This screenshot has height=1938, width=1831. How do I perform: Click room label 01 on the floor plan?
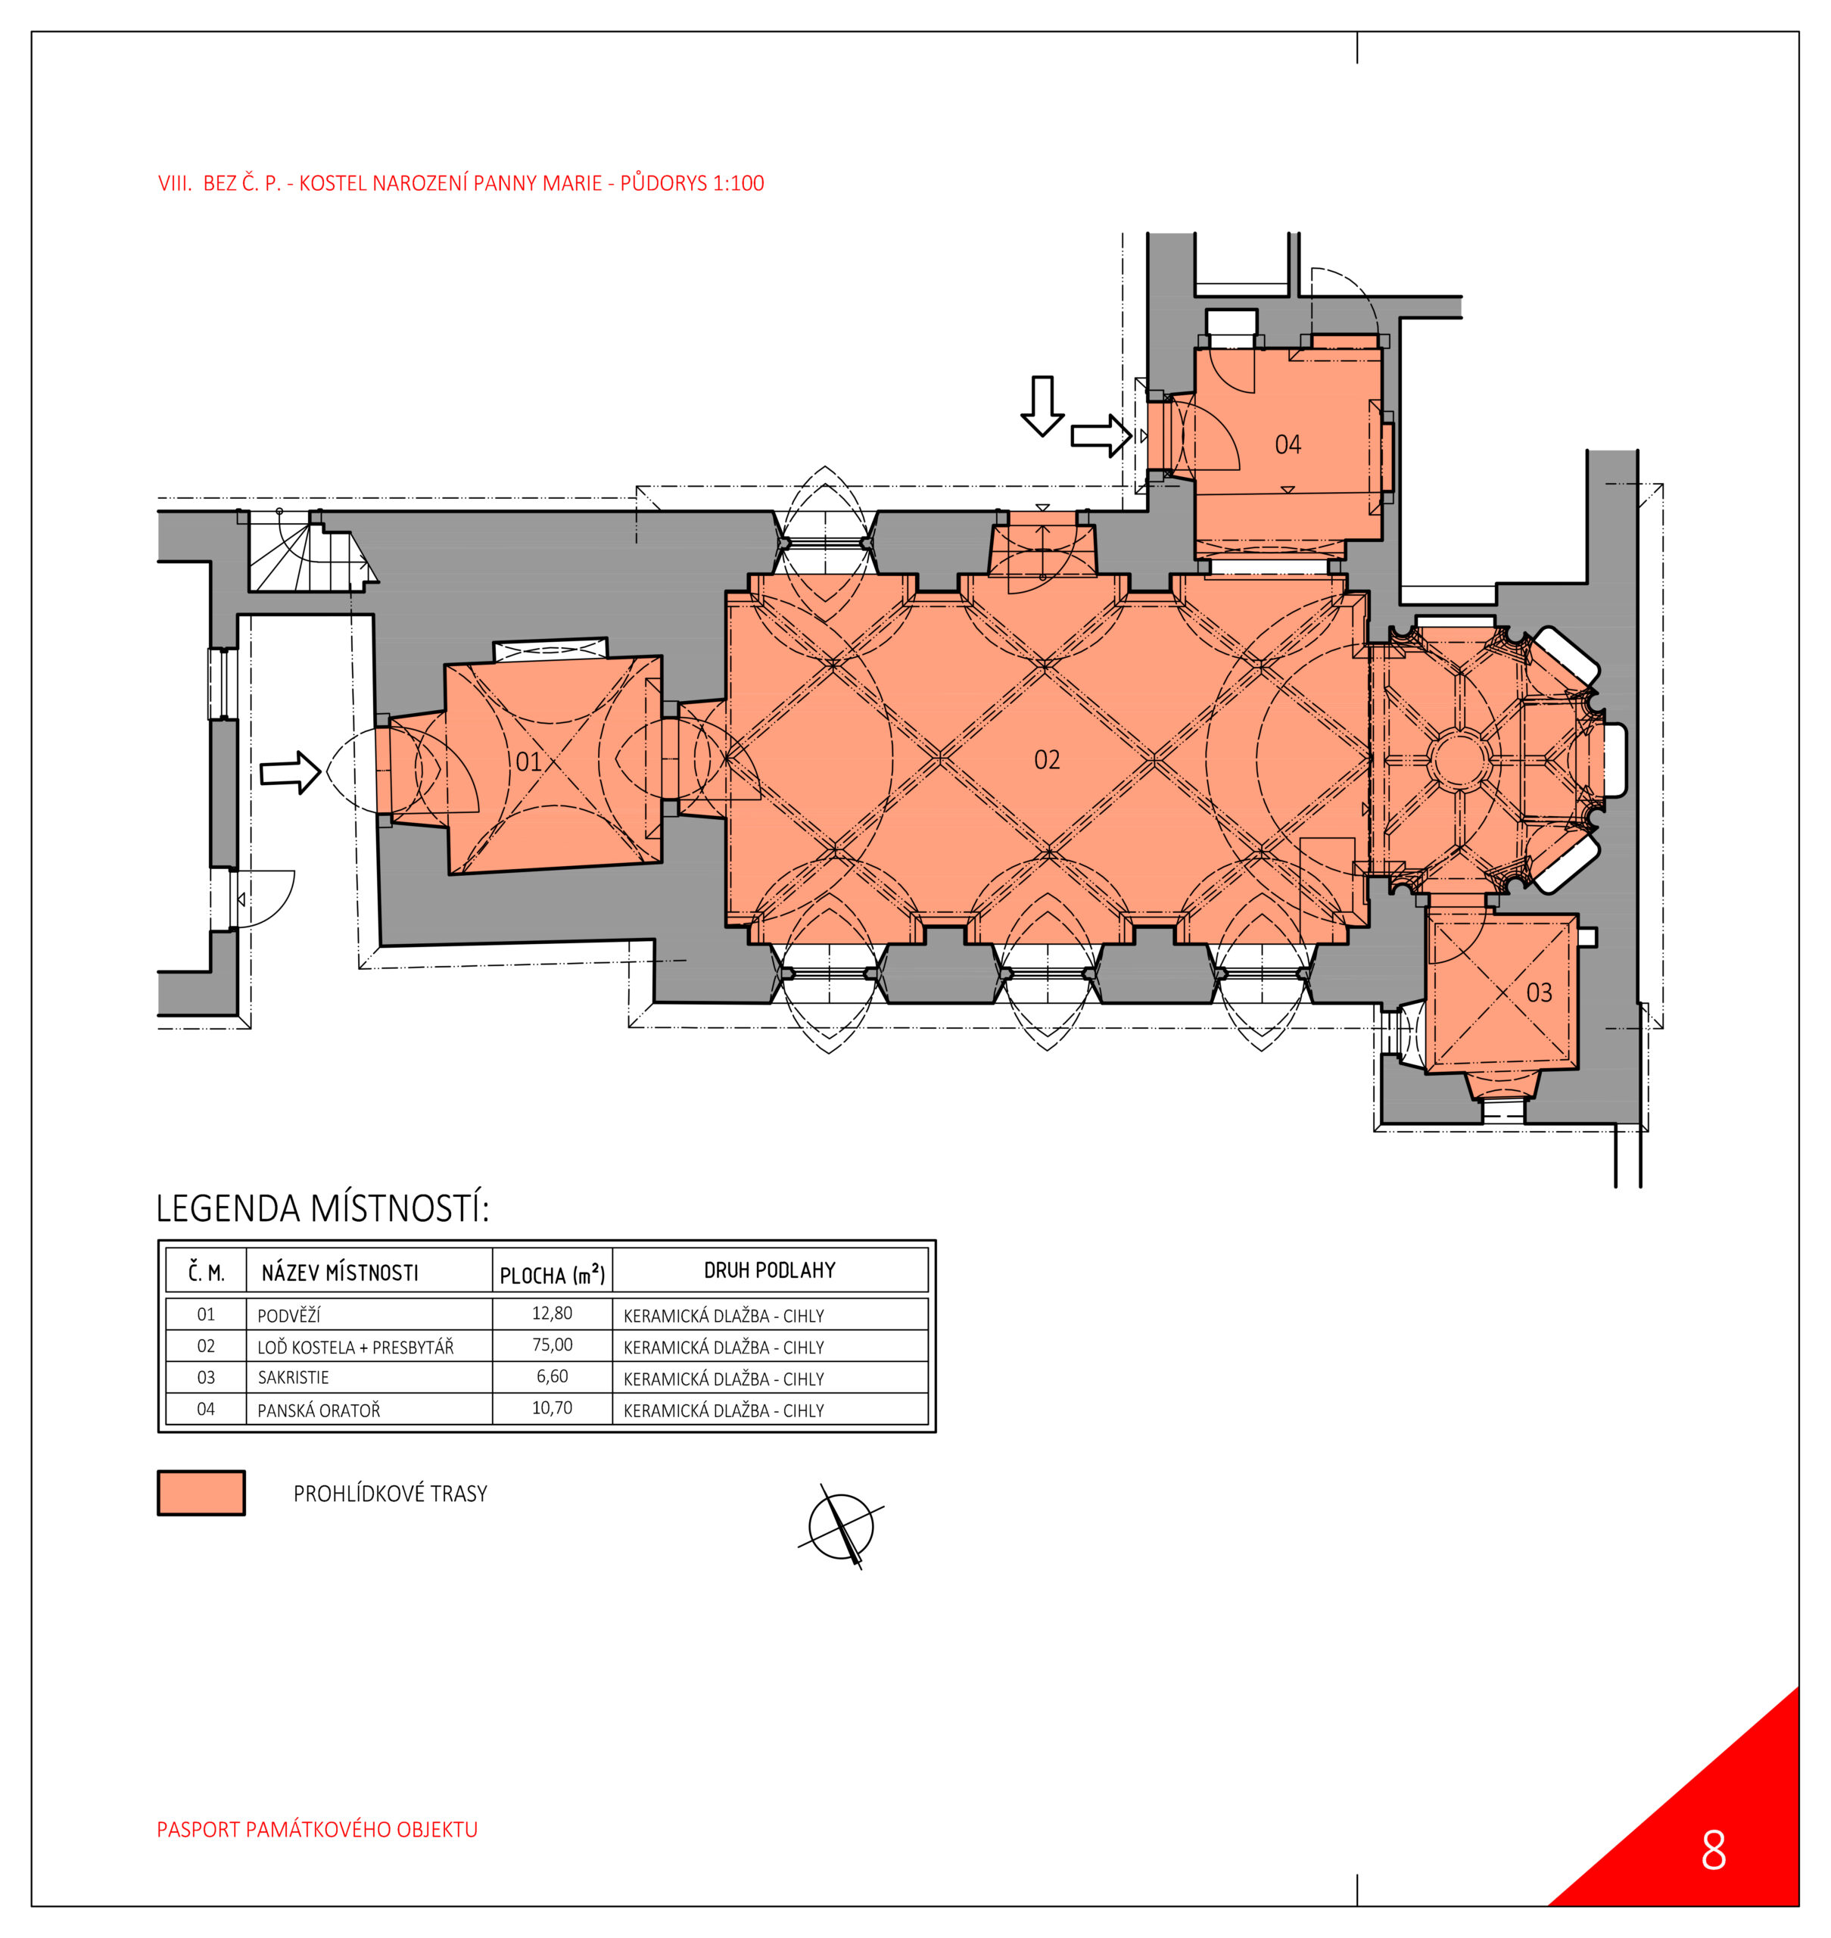click(x=528, y=762)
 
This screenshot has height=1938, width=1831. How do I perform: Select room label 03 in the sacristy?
click(x=1539, y=993)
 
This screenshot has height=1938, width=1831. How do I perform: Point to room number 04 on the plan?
click(x=1288, y=445)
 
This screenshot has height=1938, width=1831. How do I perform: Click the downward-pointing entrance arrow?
click(x=1042, y=405)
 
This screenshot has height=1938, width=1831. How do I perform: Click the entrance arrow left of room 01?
click(x=290, y=773)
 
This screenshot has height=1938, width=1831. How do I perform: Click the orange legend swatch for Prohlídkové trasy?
click(x=201, y=1493)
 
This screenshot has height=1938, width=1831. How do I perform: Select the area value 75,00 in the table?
click(x=553, y=1345)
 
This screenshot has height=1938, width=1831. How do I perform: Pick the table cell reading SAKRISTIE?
click(x=293, y=1378)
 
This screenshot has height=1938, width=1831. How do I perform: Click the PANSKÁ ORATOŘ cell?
click(x=319, y=1410)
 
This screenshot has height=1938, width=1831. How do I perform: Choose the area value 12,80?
click(x=553, y=1313)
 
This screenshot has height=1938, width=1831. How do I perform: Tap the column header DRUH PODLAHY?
click(x=770, y=1270)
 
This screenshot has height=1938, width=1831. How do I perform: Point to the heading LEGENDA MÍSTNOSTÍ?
click(x=323, y=1209)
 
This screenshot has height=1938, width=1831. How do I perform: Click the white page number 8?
click(x=1714, y=1850)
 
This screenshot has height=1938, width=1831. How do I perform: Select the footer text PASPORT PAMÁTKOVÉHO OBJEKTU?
click(x=317, y=1830)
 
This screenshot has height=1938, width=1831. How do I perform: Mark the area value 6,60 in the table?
click(x=553, y=1376)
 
